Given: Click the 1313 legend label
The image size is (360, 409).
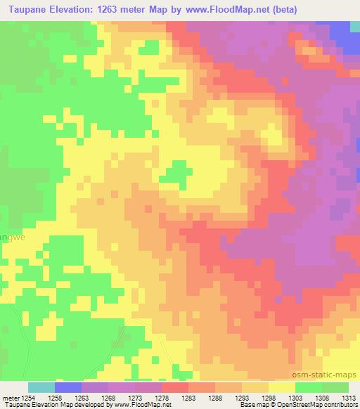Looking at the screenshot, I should pos(349,397).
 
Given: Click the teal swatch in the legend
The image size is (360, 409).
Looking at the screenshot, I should pos(41,387).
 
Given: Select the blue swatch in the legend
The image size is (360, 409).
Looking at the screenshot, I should pos(68,387).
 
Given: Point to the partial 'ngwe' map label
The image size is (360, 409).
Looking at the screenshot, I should pos(9,239).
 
